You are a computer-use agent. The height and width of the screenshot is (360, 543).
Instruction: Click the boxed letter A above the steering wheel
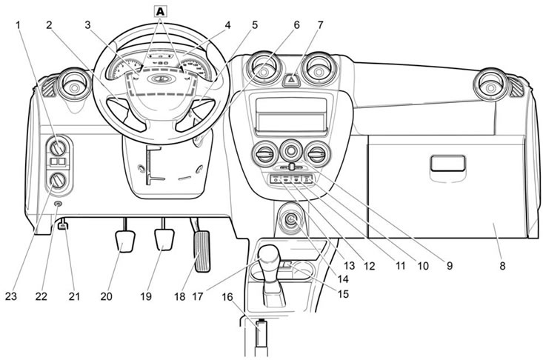[x=160, y=10]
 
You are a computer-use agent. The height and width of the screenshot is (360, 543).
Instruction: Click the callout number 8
[x=502, y=264]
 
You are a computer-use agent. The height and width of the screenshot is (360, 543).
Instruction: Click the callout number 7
[x=319, y=24]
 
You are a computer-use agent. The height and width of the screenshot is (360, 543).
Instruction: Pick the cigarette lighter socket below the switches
[x=290, y=220]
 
